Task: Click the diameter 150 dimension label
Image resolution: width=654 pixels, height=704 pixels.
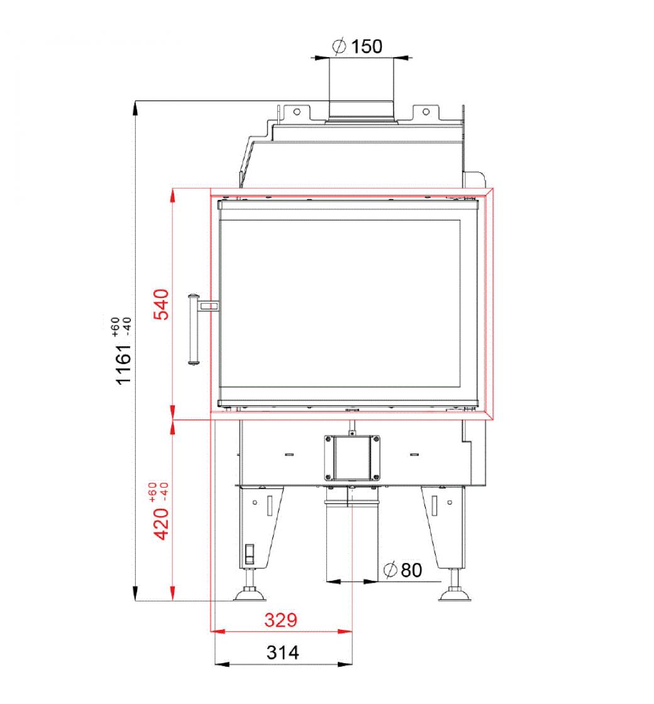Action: [x=357, y=47]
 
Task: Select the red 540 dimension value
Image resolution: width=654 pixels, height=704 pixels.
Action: [x=162, y=304]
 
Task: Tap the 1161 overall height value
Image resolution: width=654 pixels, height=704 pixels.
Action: [x=123, y=365]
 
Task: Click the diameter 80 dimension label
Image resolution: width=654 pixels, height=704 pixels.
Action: [x=403, y=569]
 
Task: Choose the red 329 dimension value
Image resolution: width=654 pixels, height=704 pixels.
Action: [x=280, y=620]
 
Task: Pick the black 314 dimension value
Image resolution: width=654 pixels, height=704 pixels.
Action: [x=282, y=652]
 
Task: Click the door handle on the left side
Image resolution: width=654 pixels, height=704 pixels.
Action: [x=194, y=329]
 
